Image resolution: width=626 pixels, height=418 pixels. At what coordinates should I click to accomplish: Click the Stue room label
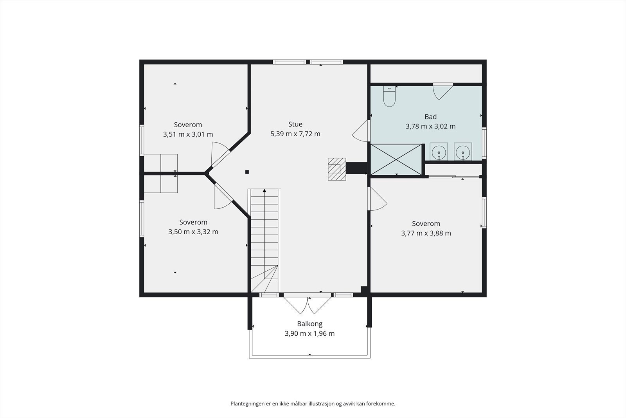[x=295, y=124]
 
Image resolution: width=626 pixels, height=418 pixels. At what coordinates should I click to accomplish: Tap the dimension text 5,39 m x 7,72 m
[x=295, y=134]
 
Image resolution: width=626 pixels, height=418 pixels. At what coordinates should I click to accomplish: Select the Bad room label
[x=430, y=117]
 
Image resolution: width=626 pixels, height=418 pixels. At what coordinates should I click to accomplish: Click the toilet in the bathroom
[x=389, y=96]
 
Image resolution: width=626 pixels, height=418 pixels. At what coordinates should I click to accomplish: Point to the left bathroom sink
[x=439, y=152]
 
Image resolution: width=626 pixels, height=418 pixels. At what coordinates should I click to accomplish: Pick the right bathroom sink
[x=463, y=152]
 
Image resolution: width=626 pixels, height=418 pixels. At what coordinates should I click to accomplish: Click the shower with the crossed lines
[x=396, y=159]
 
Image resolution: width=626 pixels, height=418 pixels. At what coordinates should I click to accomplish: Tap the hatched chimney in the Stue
[x=337, y=169]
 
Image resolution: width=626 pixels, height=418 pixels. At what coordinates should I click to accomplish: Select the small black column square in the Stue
[x=247, y=172]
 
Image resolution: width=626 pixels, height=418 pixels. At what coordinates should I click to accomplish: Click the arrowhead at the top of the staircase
[x=264, y=191]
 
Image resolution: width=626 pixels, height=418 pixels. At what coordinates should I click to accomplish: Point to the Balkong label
[x=309, y=324]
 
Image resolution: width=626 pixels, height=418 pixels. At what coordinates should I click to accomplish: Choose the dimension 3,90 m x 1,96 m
[x=309, y=333]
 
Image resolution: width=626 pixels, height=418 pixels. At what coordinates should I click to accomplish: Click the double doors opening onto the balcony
[x=308, y=305]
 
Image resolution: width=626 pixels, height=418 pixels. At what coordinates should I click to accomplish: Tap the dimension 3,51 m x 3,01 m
[x=188, y=134]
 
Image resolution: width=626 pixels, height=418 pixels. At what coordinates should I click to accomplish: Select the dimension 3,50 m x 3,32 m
[x=193, y=232]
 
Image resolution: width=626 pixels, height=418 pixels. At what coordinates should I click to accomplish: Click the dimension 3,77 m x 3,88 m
[x=426, y=233]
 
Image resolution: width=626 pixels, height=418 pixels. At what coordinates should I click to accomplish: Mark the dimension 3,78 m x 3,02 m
[x=430, y=126]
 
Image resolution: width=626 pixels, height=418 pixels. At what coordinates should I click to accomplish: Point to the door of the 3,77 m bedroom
[x=377, y=199]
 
